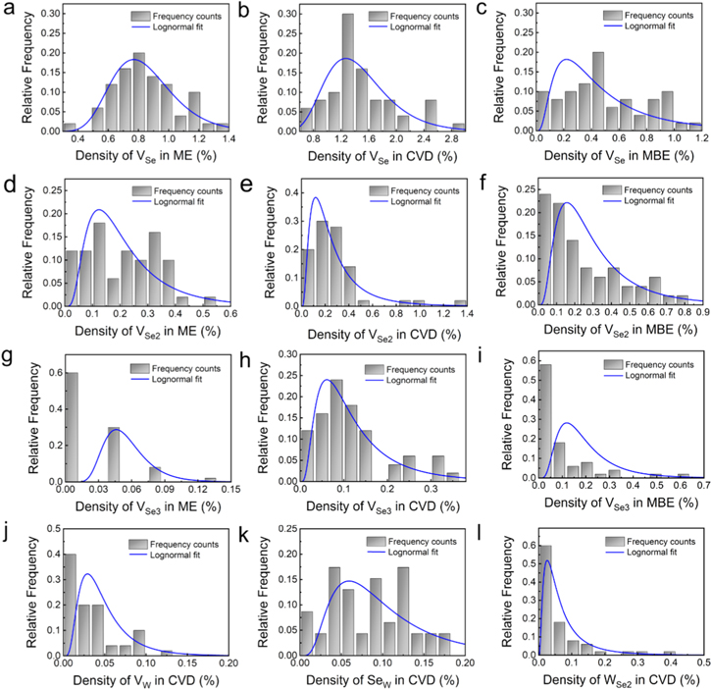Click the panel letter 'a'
[9, 12]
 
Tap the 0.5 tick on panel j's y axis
[43, 532]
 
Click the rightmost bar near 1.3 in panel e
[457, 303]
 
